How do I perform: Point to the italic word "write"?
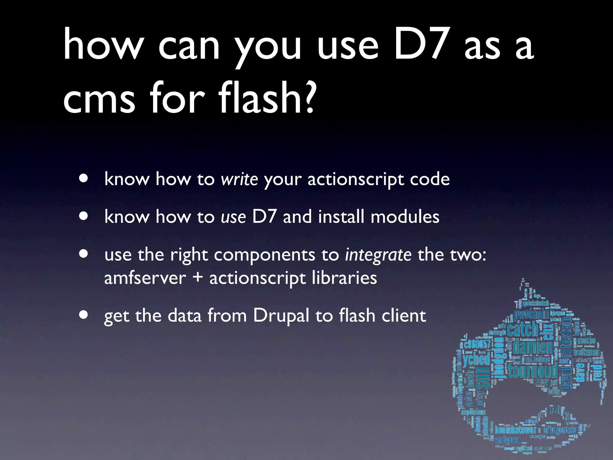239,179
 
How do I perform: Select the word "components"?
265,255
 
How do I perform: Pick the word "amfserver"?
145,278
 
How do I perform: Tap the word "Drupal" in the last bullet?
281,316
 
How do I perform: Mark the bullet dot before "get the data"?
84,315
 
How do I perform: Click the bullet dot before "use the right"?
84,254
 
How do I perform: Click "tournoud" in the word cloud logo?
533,371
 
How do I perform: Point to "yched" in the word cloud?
477,359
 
